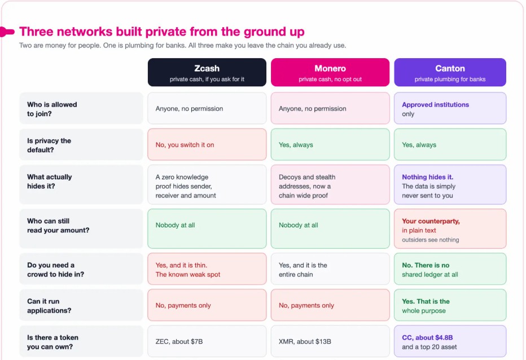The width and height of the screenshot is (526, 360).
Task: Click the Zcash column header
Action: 207,72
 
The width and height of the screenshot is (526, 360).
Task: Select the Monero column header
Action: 330,72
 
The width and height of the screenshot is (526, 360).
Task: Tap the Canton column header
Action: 450,72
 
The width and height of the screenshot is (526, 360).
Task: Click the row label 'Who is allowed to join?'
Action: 81,108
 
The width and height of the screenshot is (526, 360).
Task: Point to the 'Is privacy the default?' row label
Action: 81,144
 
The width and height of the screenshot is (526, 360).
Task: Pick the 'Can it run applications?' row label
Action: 81,305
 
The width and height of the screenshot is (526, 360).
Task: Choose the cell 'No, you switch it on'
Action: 207,144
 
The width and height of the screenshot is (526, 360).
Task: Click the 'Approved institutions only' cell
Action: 450,108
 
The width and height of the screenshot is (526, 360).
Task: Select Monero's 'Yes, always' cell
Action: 330,144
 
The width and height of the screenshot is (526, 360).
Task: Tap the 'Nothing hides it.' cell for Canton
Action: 450,185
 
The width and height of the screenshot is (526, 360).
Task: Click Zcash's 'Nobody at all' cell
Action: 207,229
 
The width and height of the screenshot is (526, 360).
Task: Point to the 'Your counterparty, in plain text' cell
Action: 450,229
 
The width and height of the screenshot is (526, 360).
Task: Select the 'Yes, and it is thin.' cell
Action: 207,269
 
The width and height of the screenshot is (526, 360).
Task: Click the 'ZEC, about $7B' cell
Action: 207,341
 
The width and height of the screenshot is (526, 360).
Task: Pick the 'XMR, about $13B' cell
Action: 330,341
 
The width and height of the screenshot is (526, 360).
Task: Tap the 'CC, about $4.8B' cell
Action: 450,341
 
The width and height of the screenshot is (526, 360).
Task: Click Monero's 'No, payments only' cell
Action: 330,305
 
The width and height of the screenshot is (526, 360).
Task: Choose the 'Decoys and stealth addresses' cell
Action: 330,185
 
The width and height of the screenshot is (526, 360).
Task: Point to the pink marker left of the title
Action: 7,32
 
